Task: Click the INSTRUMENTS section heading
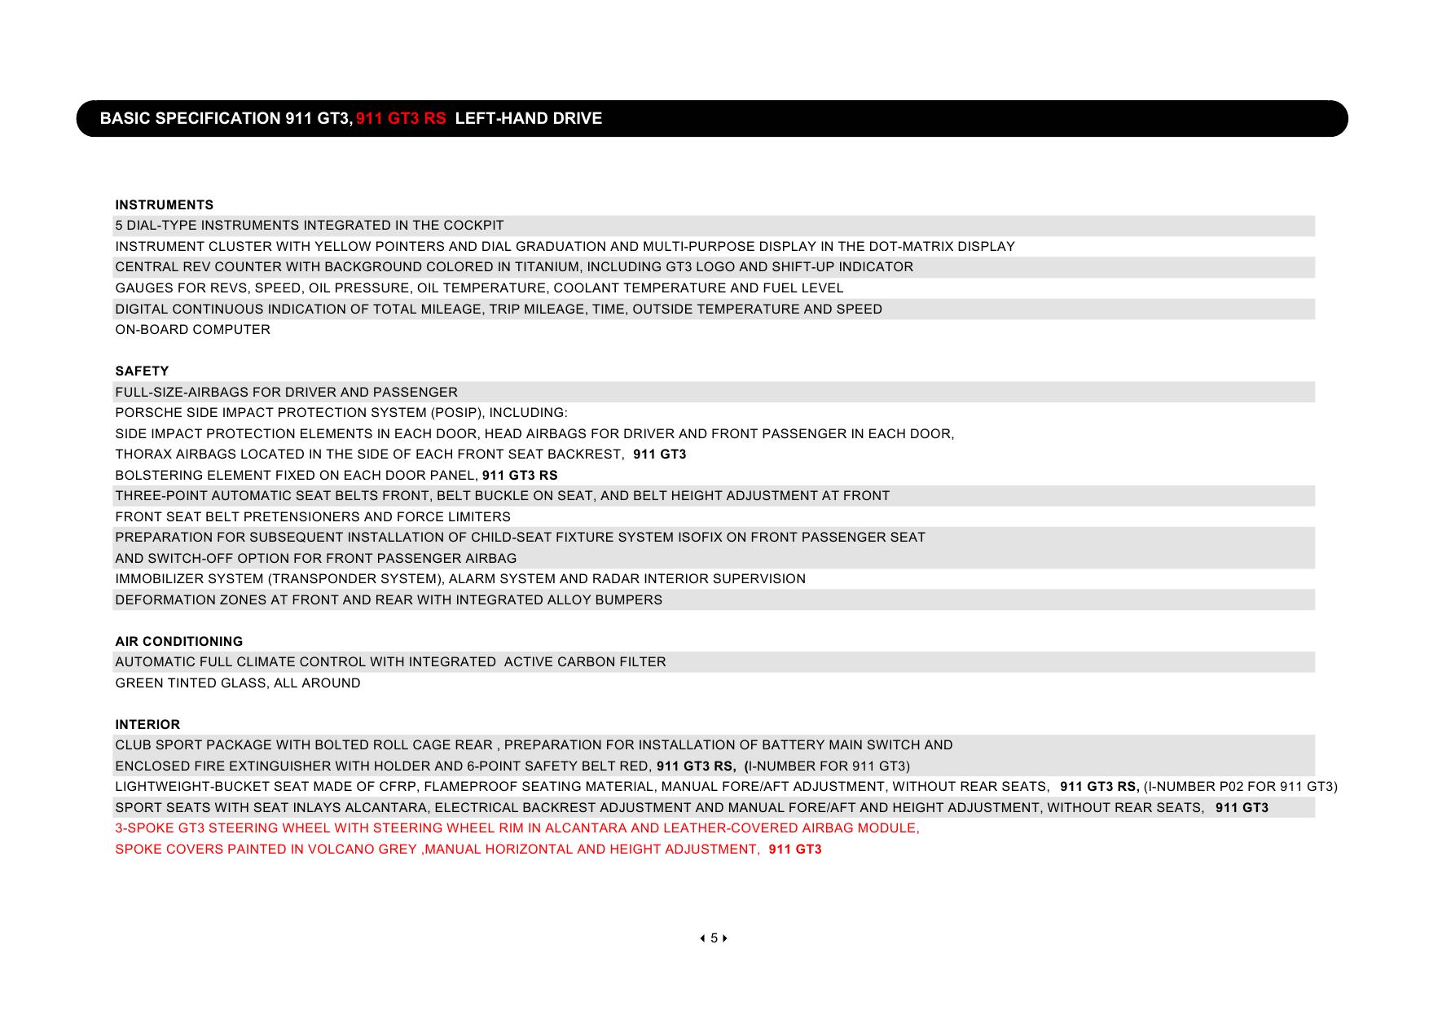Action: coord(164,205)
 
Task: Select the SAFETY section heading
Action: coord(142,371)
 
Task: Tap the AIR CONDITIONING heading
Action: coord(178,642)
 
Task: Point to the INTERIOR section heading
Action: coord(147,725)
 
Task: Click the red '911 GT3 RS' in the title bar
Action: coord(401,119)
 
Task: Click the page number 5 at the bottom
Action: coord(714,938)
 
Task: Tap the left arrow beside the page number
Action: coord(702,938)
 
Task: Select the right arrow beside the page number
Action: coord(725,938)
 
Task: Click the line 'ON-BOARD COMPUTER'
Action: coord(192,330)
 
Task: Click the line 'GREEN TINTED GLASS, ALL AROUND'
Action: coord(237,683)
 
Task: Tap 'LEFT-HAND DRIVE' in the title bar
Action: coord(529,119)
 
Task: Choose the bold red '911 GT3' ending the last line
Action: coord(794,850)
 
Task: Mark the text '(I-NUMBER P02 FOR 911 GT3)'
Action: coord(1241,787)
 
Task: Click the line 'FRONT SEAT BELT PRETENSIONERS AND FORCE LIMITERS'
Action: coord(313,517)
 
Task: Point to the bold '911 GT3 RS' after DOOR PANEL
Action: coord(520,476)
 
